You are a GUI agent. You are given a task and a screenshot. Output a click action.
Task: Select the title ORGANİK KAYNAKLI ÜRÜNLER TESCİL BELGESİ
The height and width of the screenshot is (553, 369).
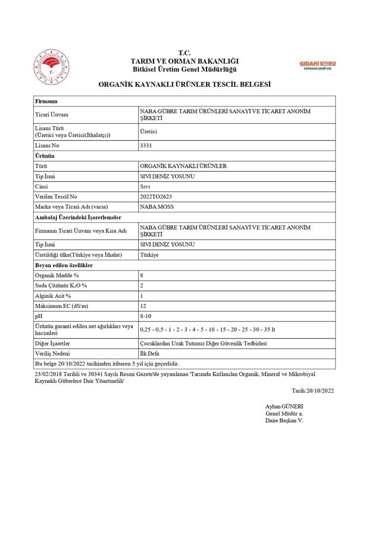[x=185, y=85]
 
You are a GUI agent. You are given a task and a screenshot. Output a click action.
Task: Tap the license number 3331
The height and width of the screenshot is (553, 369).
[x=146, y=145]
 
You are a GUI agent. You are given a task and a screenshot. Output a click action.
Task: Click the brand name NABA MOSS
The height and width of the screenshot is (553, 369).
[x=157, y=206]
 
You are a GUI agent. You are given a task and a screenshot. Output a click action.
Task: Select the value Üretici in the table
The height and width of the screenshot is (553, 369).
[x=148, y=131]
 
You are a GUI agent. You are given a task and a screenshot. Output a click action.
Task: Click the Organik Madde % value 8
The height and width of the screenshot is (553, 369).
[x=142, y=275]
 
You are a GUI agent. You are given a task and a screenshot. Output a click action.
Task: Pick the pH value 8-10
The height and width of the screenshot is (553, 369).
[x=145, y=316]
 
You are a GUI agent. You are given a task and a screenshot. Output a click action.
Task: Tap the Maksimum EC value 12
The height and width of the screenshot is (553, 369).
[x=143, y=306]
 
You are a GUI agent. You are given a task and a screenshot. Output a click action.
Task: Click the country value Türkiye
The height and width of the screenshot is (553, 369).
[x=149, y=254]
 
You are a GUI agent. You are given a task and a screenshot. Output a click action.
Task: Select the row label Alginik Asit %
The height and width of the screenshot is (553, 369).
[x=53, y=296]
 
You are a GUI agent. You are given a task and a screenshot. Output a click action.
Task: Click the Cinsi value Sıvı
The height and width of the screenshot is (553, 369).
[x=145, y=186]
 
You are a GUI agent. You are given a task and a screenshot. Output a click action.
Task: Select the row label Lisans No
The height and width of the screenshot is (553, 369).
[x=48, y=145]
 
